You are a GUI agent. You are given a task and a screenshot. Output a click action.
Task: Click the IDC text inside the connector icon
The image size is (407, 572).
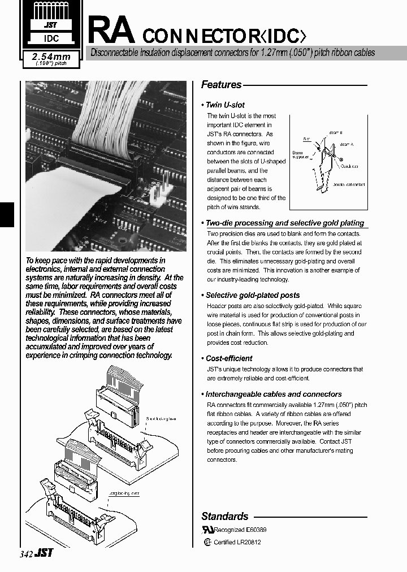pos(50,40)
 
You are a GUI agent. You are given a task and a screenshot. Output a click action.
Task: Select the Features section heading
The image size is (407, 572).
pos(222,85)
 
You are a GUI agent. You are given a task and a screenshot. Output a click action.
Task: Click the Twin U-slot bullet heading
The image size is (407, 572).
pos(225,105)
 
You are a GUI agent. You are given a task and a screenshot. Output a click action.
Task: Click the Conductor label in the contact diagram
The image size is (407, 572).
pos(351,166)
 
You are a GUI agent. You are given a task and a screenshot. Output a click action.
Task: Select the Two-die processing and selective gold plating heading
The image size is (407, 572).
pos(284,223)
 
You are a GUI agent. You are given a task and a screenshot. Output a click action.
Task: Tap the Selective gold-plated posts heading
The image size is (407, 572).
pos(252,295)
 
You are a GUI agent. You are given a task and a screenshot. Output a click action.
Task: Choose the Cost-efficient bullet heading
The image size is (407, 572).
pos(228,358)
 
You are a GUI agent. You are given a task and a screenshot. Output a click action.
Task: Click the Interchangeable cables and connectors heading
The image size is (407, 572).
pos(273,394)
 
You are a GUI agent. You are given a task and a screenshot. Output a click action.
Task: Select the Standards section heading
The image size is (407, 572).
pos(225,516)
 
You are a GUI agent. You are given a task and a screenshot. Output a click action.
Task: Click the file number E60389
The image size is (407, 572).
pos(256,530)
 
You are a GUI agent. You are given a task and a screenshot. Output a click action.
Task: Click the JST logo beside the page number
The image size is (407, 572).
pos(44,554)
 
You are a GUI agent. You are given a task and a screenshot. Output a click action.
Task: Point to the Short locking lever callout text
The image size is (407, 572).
pos(162,419)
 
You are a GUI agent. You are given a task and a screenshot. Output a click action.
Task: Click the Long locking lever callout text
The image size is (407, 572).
pos(124,493)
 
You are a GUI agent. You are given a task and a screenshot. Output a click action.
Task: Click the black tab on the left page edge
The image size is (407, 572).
pos(6,214)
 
